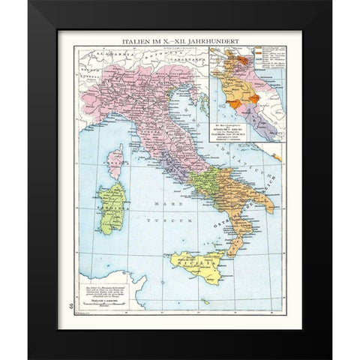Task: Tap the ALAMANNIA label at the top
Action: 105,55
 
